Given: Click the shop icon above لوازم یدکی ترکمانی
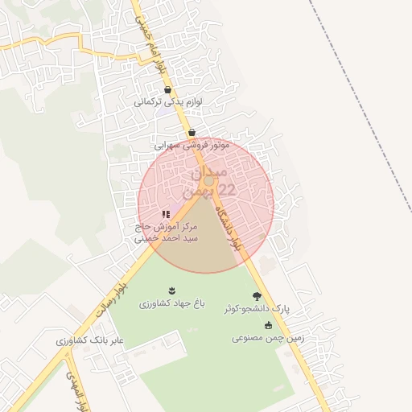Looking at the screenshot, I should pyautogui.click(x=167, y=90).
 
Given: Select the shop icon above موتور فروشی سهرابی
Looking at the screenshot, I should pyautogui.click(x=192, y=133).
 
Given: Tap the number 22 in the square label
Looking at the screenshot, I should pyautogui.click(x=228, y=190).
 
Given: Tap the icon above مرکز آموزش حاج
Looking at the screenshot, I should pyautogui.click(x=166, y=214).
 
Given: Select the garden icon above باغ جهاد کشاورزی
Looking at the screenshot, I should pyautogui.click(x=171, y=290).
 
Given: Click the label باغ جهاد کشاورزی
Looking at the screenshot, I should pyautogui.click(x=171, y=305).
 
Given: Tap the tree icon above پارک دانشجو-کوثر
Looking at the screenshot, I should pyautogui.click(x=257, y=295).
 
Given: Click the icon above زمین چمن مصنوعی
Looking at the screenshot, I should pyautogui.click(x=268, y=325).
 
